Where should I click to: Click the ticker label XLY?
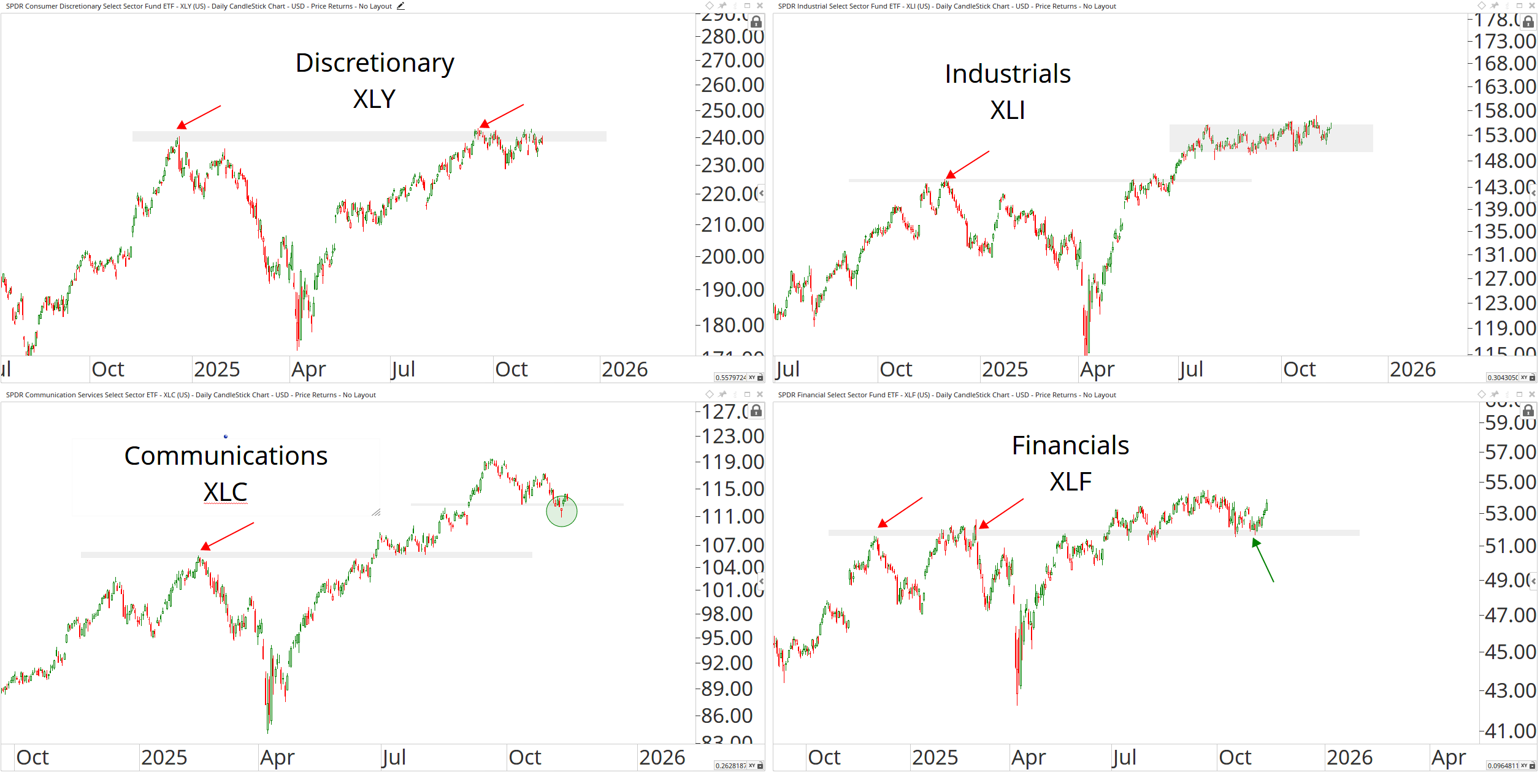374,99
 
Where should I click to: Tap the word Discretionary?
375,63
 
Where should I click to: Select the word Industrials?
1008,74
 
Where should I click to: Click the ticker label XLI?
1008,110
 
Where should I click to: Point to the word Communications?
226,456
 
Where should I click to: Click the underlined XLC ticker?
226,492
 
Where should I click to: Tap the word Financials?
1070,446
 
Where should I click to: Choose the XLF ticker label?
1070,482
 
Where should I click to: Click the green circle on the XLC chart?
562,511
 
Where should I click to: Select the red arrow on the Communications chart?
227,536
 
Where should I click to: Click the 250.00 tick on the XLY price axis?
733,111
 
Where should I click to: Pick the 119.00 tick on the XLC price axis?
733,462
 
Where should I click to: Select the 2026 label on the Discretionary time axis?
624,370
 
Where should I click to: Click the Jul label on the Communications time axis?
393,758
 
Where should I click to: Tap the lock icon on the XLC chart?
756,411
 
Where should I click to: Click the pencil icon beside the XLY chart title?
400,6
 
